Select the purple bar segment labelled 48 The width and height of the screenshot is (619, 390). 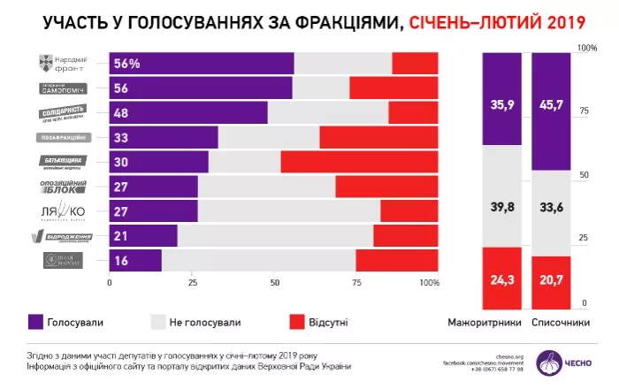(x=187, y=112)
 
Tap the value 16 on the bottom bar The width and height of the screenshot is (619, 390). (x=122, y=260)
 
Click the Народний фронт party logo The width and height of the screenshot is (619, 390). (x=61, y=63)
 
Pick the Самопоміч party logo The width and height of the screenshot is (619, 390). (x=61, y=88)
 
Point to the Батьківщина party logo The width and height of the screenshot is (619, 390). (x=61, y=162)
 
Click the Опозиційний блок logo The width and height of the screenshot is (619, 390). (x=61, y=187)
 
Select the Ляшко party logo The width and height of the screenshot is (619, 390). (x=61, y=211)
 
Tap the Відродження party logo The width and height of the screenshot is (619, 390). (x=61, y=236)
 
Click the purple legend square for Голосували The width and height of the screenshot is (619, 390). (x=36, y=322)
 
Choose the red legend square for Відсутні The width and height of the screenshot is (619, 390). (x=297, y=322)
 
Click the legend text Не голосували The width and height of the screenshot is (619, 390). (x=209, y=323)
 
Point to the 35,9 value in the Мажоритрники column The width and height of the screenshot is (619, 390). (x=501, y=104)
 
